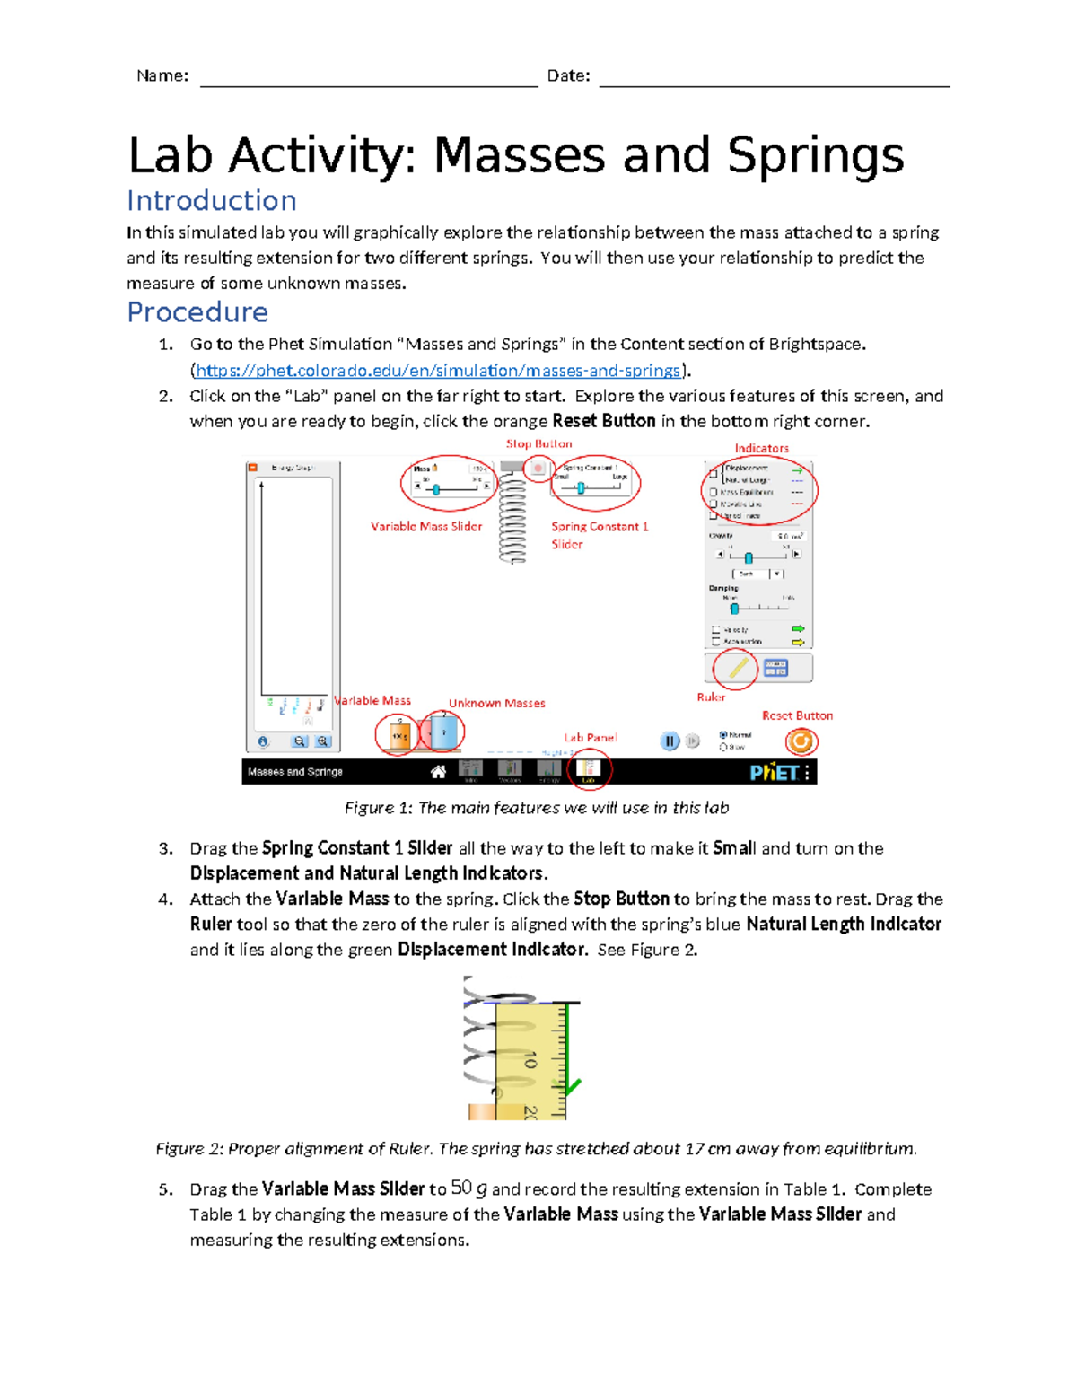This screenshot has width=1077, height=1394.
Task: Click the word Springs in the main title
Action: (815, 155)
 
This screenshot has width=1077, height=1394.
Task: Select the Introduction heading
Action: (212, 200)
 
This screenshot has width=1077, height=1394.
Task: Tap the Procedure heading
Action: (197, 311)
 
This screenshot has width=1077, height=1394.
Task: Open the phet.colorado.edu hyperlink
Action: (438, 370)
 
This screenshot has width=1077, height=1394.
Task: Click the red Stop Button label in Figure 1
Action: (538, 443)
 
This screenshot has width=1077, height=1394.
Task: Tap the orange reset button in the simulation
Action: (800, 741)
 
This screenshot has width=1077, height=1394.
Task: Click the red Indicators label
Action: (761, 448)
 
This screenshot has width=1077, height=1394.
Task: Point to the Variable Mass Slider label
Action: (426, 527)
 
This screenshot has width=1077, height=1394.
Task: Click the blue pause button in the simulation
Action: (670, 741)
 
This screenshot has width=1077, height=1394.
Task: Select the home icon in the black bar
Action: (438, 772)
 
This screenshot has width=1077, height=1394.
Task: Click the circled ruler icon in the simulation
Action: (737, 668)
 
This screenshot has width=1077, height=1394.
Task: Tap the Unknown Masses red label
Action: (496, 703)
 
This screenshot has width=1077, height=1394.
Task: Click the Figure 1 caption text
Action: (537, 808)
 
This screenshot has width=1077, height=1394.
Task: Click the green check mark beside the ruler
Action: (572, 1087)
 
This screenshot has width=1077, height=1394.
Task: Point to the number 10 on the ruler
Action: (530, 1060)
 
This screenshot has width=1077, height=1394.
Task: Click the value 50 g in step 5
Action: (468, 1188)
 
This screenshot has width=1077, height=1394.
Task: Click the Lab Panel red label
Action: (590, 737)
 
